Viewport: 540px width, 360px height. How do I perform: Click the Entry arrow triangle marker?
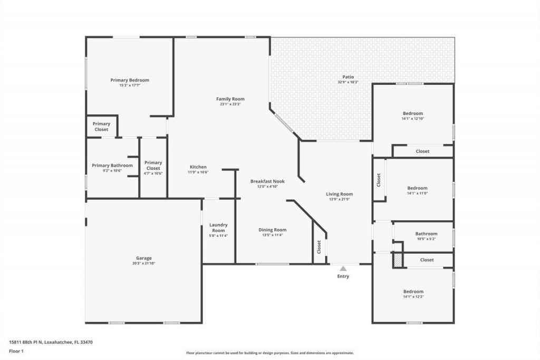(343, 268)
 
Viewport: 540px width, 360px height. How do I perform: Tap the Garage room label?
(143, 258)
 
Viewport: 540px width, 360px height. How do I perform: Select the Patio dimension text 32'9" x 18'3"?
(348, 82)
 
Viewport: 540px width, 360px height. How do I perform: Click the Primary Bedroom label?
(130, 80)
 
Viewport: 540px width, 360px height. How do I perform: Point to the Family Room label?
(230, 99)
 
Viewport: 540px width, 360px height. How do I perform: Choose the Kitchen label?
(198, 167)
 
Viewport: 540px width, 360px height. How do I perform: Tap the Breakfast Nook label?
(267, 181)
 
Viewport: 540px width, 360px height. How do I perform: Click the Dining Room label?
(273, 230)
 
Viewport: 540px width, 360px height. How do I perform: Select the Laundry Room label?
(218, 228)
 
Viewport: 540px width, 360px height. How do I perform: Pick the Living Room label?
(339, 194)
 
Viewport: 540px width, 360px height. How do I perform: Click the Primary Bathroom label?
(112, 166)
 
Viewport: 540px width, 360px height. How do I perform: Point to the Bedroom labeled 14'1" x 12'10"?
(413, 113)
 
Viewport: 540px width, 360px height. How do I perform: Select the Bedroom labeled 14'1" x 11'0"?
(417, 188)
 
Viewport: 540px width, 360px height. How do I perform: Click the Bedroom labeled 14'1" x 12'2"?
(413, 291)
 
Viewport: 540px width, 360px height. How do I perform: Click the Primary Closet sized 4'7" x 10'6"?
(153, 166)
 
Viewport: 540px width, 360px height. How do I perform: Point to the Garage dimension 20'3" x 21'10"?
(143, 263)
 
